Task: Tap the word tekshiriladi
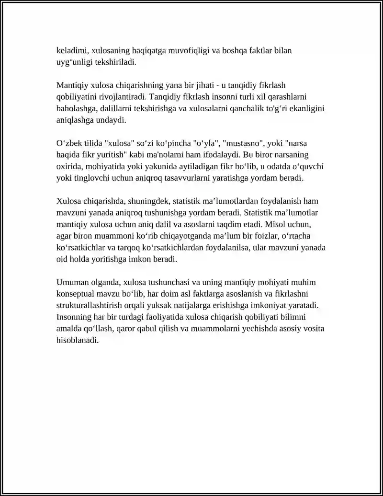[115, 62]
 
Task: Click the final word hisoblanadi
[78, 341]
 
